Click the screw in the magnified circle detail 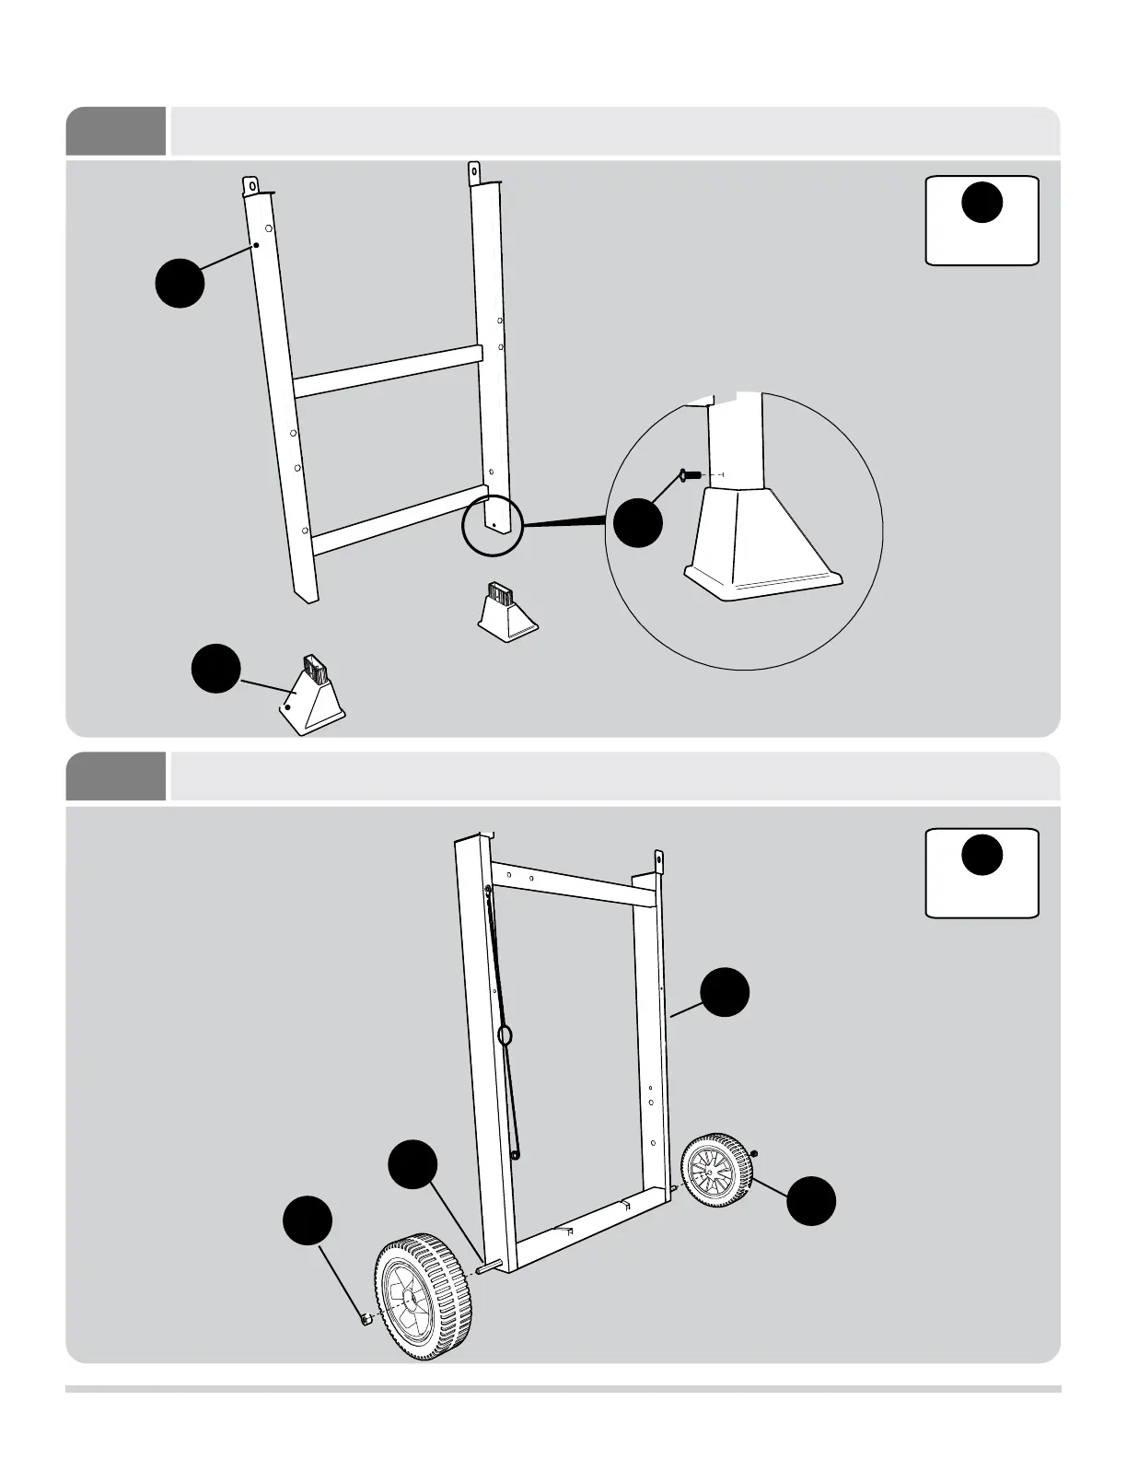click(688, 474)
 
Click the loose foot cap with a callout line click(313, 691)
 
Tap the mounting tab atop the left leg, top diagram click(250, 184)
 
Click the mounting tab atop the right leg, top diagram click(474, 172)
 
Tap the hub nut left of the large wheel click(366, 1320)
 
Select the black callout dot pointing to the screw click(638, 522)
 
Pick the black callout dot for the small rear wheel click(812, 1200)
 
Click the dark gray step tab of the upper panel click(116, 131)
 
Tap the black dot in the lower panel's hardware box click(982, 854)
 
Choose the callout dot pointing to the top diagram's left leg click(180, 282)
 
